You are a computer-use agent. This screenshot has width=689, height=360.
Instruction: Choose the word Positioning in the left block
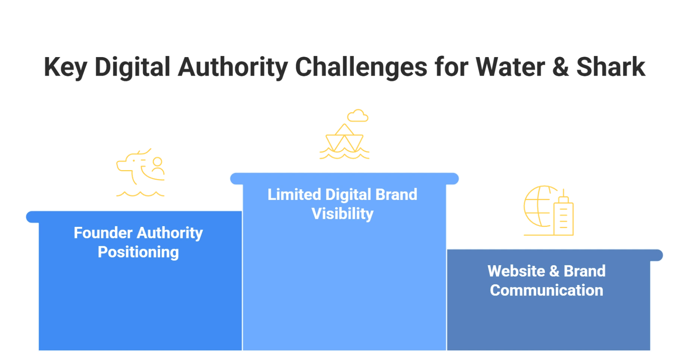pos(138,252)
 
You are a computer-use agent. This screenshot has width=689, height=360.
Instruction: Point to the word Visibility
pos(342,214)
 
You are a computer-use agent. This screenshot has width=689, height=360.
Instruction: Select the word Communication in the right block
pos(546,290)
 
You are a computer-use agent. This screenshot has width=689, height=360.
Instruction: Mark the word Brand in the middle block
pos(396,195)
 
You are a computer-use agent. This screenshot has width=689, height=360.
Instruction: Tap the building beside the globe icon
pos(563,216)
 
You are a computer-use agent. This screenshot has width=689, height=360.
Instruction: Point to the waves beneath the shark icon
pos(141,194)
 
